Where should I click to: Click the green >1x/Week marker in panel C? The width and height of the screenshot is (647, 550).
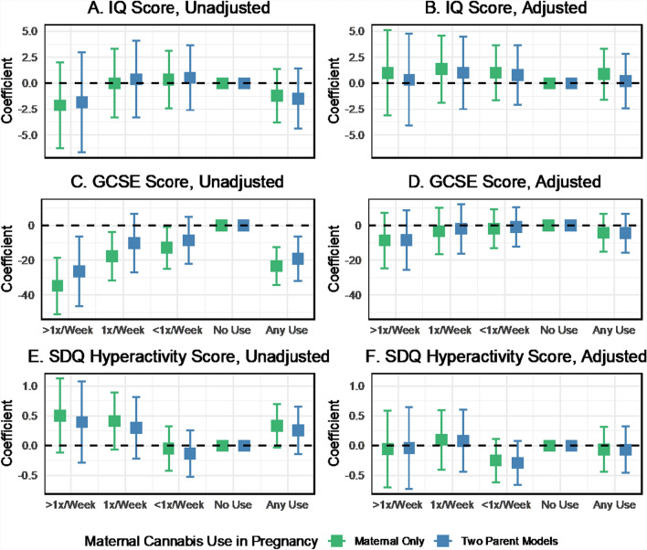click(58, 286)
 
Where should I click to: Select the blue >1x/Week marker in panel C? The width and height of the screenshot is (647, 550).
click(80, 271)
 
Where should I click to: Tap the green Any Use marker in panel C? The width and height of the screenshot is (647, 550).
click(271, 266)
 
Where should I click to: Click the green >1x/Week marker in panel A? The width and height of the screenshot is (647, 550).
click(59, 105)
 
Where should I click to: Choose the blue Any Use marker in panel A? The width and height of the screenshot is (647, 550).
click(297, 99)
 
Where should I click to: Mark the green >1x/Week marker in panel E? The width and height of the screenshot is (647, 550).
click(59, 416)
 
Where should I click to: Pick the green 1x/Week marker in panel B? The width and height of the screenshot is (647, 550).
click(440, 69)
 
